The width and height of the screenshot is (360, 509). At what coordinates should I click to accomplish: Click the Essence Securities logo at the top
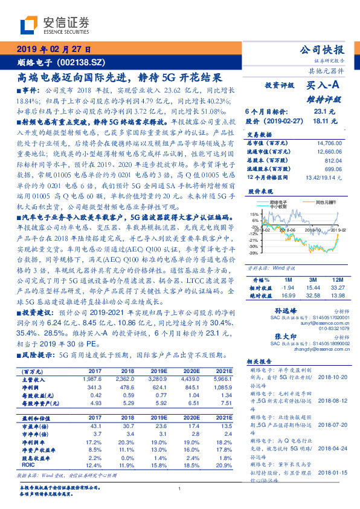pos(55,25)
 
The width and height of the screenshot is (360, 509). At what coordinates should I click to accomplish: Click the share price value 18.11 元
pos(319,122)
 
